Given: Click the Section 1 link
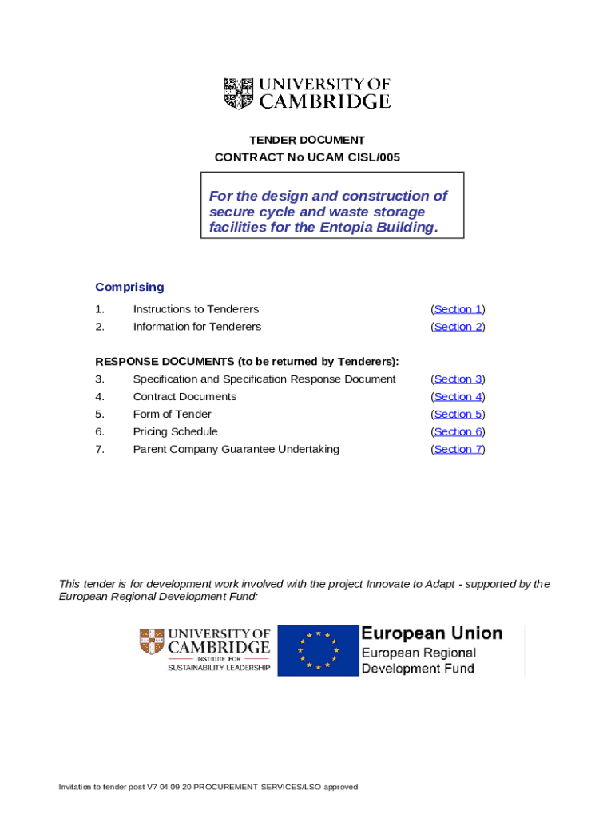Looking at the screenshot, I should tap(458, 309).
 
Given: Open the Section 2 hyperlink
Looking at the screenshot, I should tap(458, 327).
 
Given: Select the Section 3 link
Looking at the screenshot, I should tap(458, 379).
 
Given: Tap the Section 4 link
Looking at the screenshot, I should tap(458, 397).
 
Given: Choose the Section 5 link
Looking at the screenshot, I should tap(458, 415).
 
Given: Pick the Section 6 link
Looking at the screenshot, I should tap(458, 432).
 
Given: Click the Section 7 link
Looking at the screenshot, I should tap(458, 450).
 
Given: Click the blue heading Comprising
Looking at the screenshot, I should tap(129, 287).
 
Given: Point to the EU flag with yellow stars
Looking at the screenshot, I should tap(318, 650).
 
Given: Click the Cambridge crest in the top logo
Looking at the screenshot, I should tap(238, 93).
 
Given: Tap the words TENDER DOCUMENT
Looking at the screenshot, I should tap(307, 141).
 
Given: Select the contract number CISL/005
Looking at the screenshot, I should tap(374, 157).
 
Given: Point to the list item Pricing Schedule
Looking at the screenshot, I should tap(175, 432).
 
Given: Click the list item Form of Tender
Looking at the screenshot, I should tap(172, 415).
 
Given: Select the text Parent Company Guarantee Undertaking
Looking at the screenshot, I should tap(236, 450).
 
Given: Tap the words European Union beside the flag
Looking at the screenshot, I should tap(431, 633).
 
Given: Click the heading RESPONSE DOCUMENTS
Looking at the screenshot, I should tap(164, 362).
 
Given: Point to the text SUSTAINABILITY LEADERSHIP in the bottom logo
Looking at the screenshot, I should tap(218, 668).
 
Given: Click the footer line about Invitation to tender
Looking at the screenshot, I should tap(208, 787).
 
